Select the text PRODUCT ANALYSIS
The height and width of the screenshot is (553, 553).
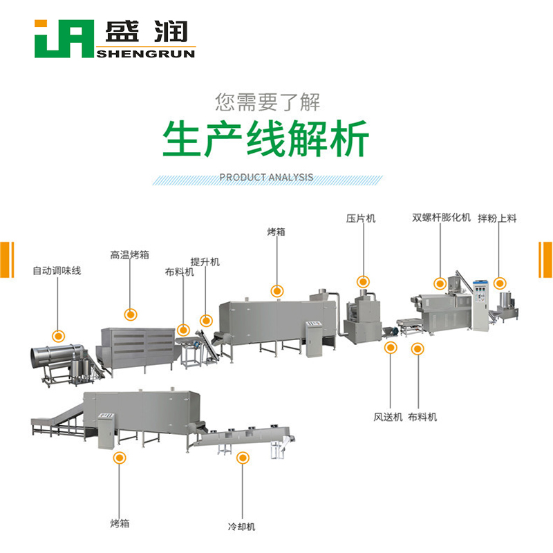pyautogui.click(x=266, y=178)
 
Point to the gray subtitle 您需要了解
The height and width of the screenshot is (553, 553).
pyautogui.click(x=268, y=102)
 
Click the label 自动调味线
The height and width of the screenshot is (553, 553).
pyautogui.click(x=57, y=271)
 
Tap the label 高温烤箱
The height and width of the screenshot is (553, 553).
pyautogui.click(x=130, y=254)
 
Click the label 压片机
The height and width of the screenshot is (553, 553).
pyautogui.click(x=361, y=218)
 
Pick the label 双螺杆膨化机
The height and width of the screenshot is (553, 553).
pyautogui.click(x=441, y=218)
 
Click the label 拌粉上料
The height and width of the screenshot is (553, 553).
pyautogui.click(x=498, y=218)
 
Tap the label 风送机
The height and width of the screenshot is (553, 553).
pyautogui.click(x=387, y=417)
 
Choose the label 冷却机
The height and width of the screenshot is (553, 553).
pyautogui.click(x=242, y=527)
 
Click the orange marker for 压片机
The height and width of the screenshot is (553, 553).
pyautogui.click(x=363, y=281)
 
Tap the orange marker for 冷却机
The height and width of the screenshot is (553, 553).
pyautogui.click(x=242, y=458)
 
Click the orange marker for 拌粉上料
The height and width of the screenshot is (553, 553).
pyautogui.click(x=500, y=282)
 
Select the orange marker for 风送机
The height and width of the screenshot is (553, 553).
pyautogui.click(x=391, y=348)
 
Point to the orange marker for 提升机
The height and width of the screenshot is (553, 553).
pyautogui.click(x=205, y=320)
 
